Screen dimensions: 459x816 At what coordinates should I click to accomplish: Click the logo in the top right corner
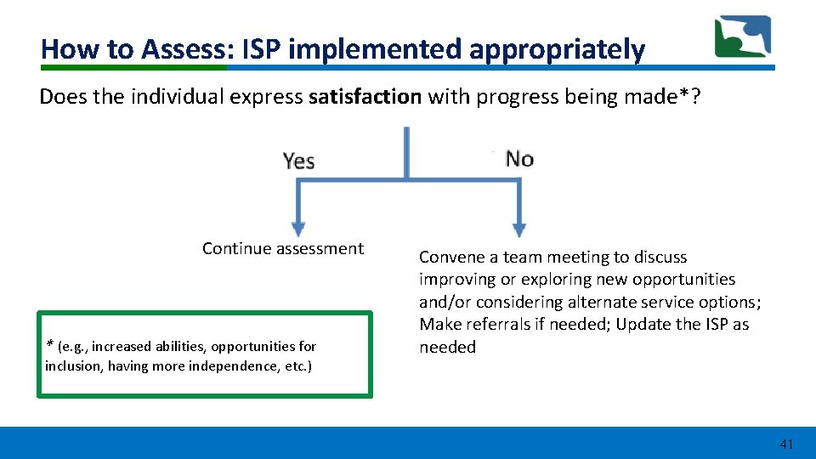point(742,37)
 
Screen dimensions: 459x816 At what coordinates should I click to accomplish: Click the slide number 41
point(786,444)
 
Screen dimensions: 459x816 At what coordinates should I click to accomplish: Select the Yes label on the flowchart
point(298,161)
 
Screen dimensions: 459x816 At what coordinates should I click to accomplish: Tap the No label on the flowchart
point(519,159)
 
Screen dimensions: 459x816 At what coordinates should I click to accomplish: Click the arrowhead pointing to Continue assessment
point(297,228)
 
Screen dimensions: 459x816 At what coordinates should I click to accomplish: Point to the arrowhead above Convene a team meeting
point(518,229)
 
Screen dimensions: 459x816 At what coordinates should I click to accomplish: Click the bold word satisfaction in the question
point(365,97)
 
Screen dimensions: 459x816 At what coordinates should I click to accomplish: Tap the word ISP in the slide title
point(263,49)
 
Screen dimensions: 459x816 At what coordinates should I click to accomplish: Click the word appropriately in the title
point(557,49)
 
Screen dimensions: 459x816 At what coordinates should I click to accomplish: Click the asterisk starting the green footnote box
point(50,345)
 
